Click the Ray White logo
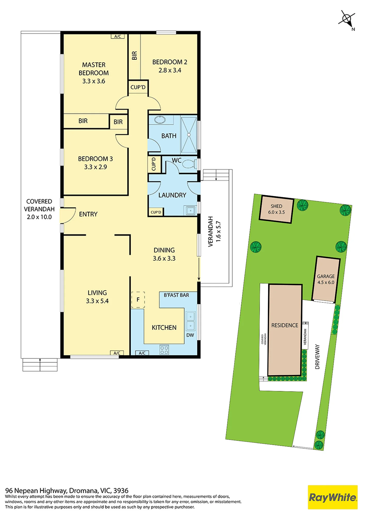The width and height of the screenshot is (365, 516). click(x=333, y=497)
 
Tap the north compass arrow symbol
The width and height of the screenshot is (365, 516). click(x=347, y=19)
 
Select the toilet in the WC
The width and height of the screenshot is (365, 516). click(x=191, y=164)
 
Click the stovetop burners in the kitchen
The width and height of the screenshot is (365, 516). click(x=164, y=350)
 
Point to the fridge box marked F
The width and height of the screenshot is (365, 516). click(x=138, y=300)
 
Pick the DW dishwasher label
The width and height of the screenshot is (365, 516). click(x=190, y=335)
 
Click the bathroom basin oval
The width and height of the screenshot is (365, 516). click(x=160, y=120)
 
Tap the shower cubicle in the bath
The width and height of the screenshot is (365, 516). click(x=189, y=135)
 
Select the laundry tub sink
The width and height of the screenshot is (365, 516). click(x=191, y=211)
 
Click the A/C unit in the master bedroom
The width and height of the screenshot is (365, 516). click(x=118, y=36)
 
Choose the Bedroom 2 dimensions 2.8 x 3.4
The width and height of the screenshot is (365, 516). click(x=170, y=70)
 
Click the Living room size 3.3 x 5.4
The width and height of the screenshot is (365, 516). click(x=97, y=301)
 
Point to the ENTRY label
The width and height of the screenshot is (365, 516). click(x=88, y=214)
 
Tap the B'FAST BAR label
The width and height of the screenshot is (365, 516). click(x=176, y=295)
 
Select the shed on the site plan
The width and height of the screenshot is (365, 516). click(x=276, y=209)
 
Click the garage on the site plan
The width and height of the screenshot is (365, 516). click(x=326, y=279)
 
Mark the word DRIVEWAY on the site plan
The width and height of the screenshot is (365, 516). click(x=317, y=357)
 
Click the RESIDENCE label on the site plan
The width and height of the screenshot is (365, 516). click(x=285, y=325)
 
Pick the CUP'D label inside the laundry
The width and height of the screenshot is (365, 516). click(x=156, y=212)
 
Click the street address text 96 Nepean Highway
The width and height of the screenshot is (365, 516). click(x=36, y=490)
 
